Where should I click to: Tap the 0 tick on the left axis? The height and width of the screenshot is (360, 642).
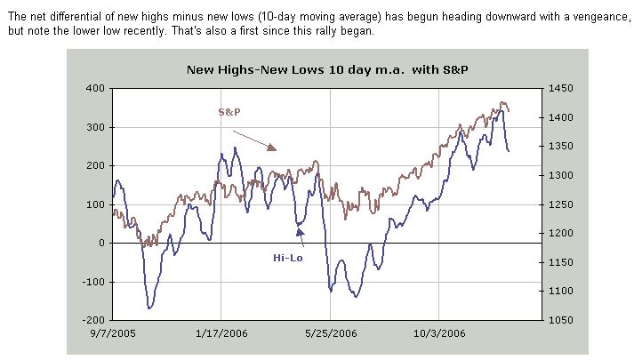[101, 243]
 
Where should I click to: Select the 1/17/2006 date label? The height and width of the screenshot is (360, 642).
[221, 333]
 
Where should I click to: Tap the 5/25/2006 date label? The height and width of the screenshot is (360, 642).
[330, 333]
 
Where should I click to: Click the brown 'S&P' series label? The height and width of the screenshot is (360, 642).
[230, 113]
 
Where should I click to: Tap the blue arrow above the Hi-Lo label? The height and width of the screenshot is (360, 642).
[301, 235]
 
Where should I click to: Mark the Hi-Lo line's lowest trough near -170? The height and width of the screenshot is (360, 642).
[149, 308]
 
